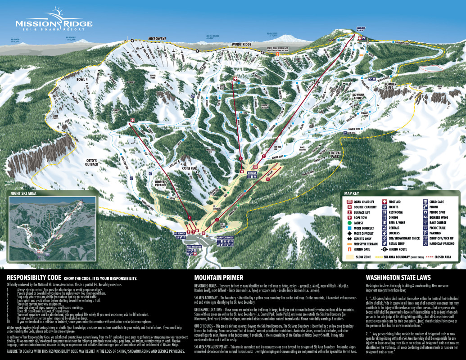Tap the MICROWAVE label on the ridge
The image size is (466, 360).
point(157,39)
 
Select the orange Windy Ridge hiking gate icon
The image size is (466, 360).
point(278,55)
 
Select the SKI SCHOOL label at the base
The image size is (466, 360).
point(179,233)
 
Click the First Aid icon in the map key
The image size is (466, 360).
point(385,202)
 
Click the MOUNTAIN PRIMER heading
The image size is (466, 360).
point(218,278)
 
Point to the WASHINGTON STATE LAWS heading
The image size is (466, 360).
point(398,278)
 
